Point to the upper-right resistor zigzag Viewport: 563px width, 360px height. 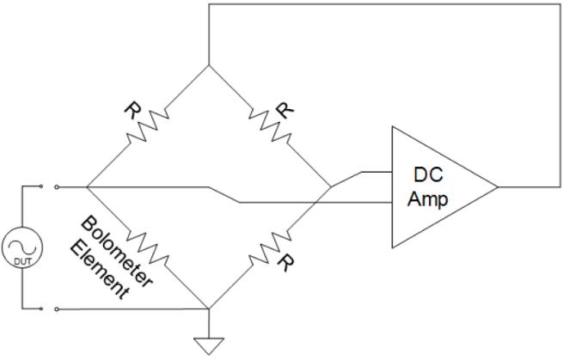(x=271, y=126)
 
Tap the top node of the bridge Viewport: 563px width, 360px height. (x=209, y=65)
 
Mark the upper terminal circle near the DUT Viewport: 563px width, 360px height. (x=57, y=186)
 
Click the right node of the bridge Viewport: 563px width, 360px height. (x=331, y=186)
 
